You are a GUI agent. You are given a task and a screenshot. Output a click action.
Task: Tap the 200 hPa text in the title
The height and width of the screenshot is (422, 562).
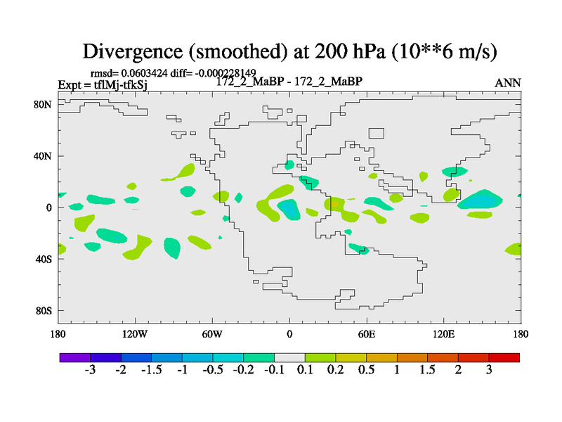(x=342, y=51)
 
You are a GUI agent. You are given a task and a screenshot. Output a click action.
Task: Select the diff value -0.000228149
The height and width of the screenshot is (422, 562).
(x=226, y=72)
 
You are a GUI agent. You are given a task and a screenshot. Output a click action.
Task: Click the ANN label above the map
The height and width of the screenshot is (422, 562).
(x=507, y=83)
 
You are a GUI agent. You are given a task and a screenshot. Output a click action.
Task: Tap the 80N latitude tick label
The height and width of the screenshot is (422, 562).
(x=44, y=104)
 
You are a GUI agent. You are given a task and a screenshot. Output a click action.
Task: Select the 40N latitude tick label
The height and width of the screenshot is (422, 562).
(x=44, y=155)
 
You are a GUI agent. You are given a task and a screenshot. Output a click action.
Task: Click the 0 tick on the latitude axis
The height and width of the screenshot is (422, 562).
(x=49, y=207)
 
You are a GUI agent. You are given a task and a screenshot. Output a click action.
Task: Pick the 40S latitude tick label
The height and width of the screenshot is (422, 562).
(x=44, y=259)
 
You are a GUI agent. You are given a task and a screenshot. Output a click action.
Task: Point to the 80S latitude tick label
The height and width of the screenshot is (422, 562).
(x=44, y=311)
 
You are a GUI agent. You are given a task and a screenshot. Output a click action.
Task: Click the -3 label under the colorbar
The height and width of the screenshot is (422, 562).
(x=90, y=371)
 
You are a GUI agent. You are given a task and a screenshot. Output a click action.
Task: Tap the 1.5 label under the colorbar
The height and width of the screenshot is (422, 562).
(x=428, y=371)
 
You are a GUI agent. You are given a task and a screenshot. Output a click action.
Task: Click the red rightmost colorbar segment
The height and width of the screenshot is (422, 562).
(x=504, y=357)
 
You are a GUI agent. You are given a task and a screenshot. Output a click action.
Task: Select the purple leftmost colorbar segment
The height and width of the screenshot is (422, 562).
(x=74, y=357)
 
